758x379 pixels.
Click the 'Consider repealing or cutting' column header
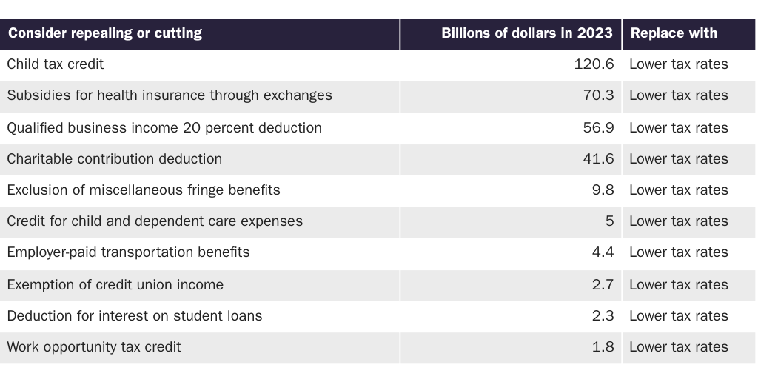point(105,33)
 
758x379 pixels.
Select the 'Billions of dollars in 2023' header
point(526,33)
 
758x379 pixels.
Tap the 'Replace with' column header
point(674,33)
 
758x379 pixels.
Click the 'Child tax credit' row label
point(56,64)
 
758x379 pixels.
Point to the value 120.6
point(594,64)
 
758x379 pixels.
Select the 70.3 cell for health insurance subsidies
point(598,95)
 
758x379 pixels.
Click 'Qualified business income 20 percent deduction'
point(164,128)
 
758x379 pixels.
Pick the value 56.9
point(598,128)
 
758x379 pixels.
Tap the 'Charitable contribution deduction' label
point(115,159)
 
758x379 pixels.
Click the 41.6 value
point(598,159)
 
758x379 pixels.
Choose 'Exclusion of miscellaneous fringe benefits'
point(144,190)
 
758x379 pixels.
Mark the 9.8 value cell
point(603,190)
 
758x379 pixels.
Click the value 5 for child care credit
point(609,221)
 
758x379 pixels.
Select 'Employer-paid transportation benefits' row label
point(128,252)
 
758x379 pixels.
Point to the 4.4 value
point(603,252)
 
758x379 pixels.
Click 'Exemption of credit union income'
point(115,285)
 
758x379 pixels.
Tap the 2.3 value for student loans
point(603,316)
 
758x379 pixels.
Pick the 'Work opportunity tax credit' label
point(94,347)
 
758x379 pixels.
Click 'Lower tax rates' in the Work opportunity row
point(678,347)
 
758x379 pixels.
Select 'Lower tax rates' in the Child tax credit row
point(678,64)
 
